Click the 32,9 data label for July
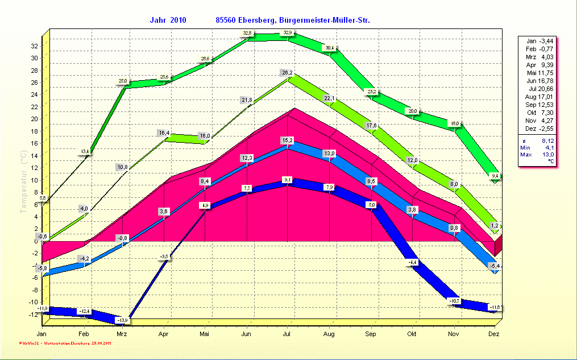(288, 32)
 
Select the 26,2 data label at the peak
(287, 73)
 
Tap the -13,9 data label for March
(123, 320)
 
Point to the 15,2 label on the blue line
(287, 140)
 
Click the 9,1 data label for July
(287, 180)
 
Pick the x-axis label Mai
(205, 334)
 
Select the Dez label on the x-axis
(494, 334)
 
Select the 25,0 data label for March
(123, 81)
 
